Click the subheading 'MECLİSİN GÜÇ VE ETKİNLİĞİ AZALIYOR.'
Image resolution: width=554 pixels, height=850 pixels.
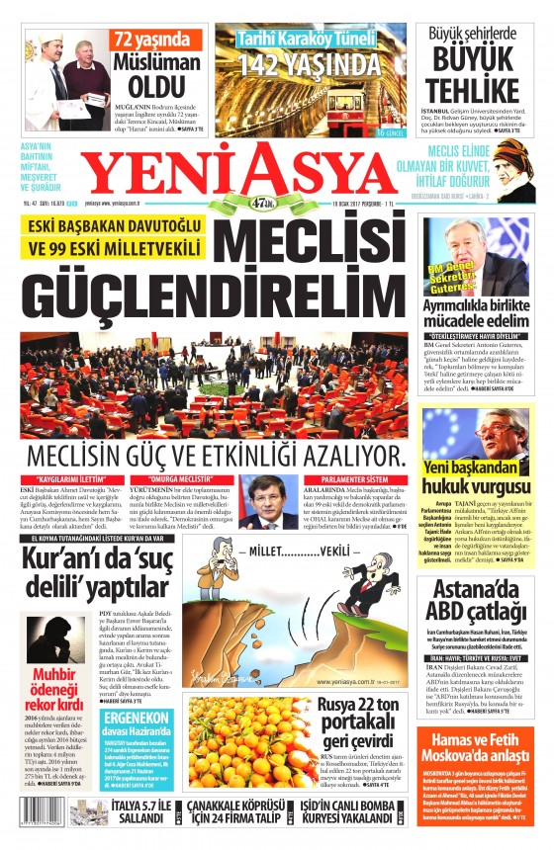[216, 457]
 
